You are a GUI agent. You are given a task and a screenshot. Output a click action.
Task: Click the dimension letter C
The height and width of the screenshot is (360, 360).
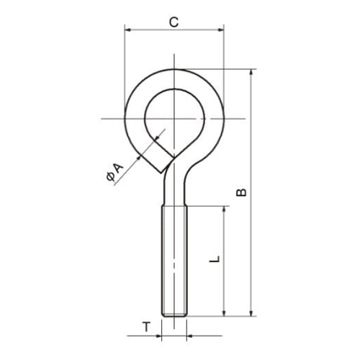[x=174, y=22]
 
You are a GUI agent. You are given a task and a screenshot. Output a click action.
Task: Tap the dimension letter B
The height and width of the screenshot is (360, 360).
[x=242, y=192]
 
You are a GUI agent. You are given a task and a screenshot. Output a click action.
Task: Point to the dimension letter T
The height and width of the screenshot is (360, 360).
[x=146, y=328]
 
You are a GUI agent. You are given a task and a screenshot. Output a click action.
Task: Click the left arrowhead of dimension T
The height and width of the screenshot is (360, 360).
[x=158, y=335]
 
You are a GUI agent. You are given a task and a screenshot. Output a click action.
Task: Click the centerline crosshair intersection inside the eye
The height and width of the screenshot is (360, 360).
[x=174, y=117]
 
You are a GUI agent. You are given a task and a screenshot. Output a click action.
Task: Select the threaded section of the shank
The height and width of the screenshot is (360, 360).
[x=174, y=259]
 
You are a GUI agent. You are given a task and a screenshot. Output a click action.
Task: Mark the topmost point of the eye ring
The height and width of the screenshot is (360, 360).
[x=174, y=70]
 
